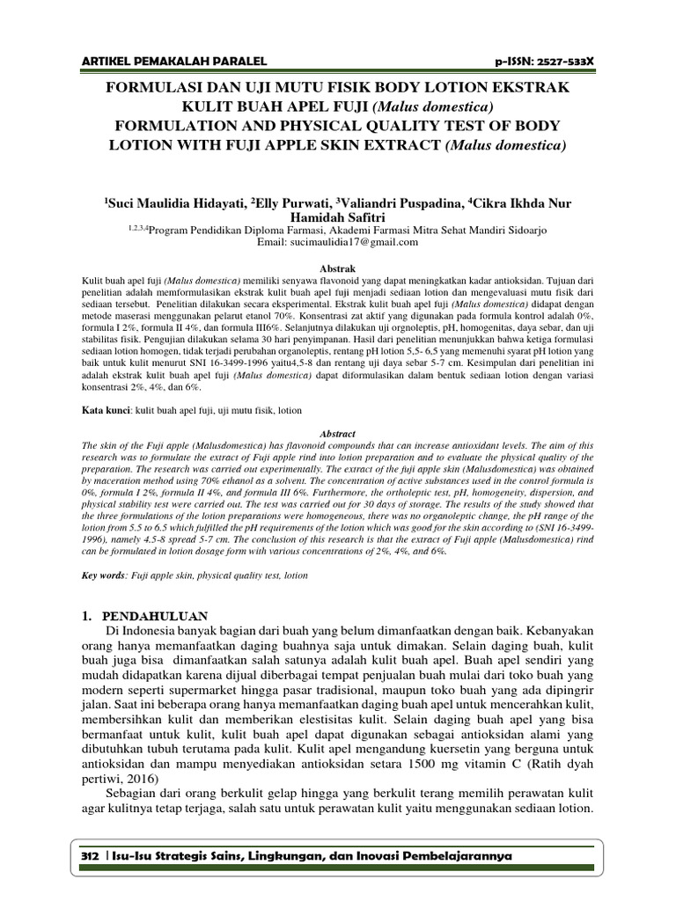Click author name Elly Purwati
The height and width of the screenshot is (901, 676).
coord(289,203)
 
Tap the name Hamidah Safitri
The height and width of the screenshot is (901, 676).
coord(338,216)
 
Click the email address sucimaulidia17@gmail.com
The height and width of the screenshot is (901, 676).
coord(338,242)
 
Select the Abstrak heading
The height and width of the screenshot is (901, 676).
coord(338,263)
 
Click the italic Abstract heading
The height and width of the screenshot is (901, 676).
coord(338,434)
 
